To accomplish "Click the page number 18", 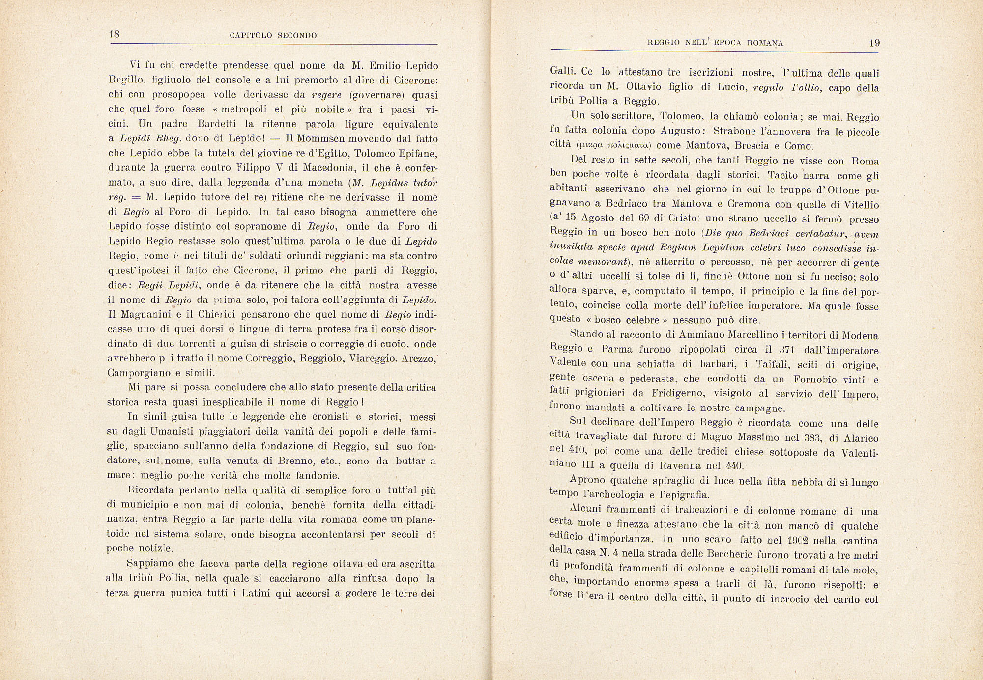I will tap(114, 34).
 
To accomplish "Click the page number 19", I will tap(874, 43).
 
